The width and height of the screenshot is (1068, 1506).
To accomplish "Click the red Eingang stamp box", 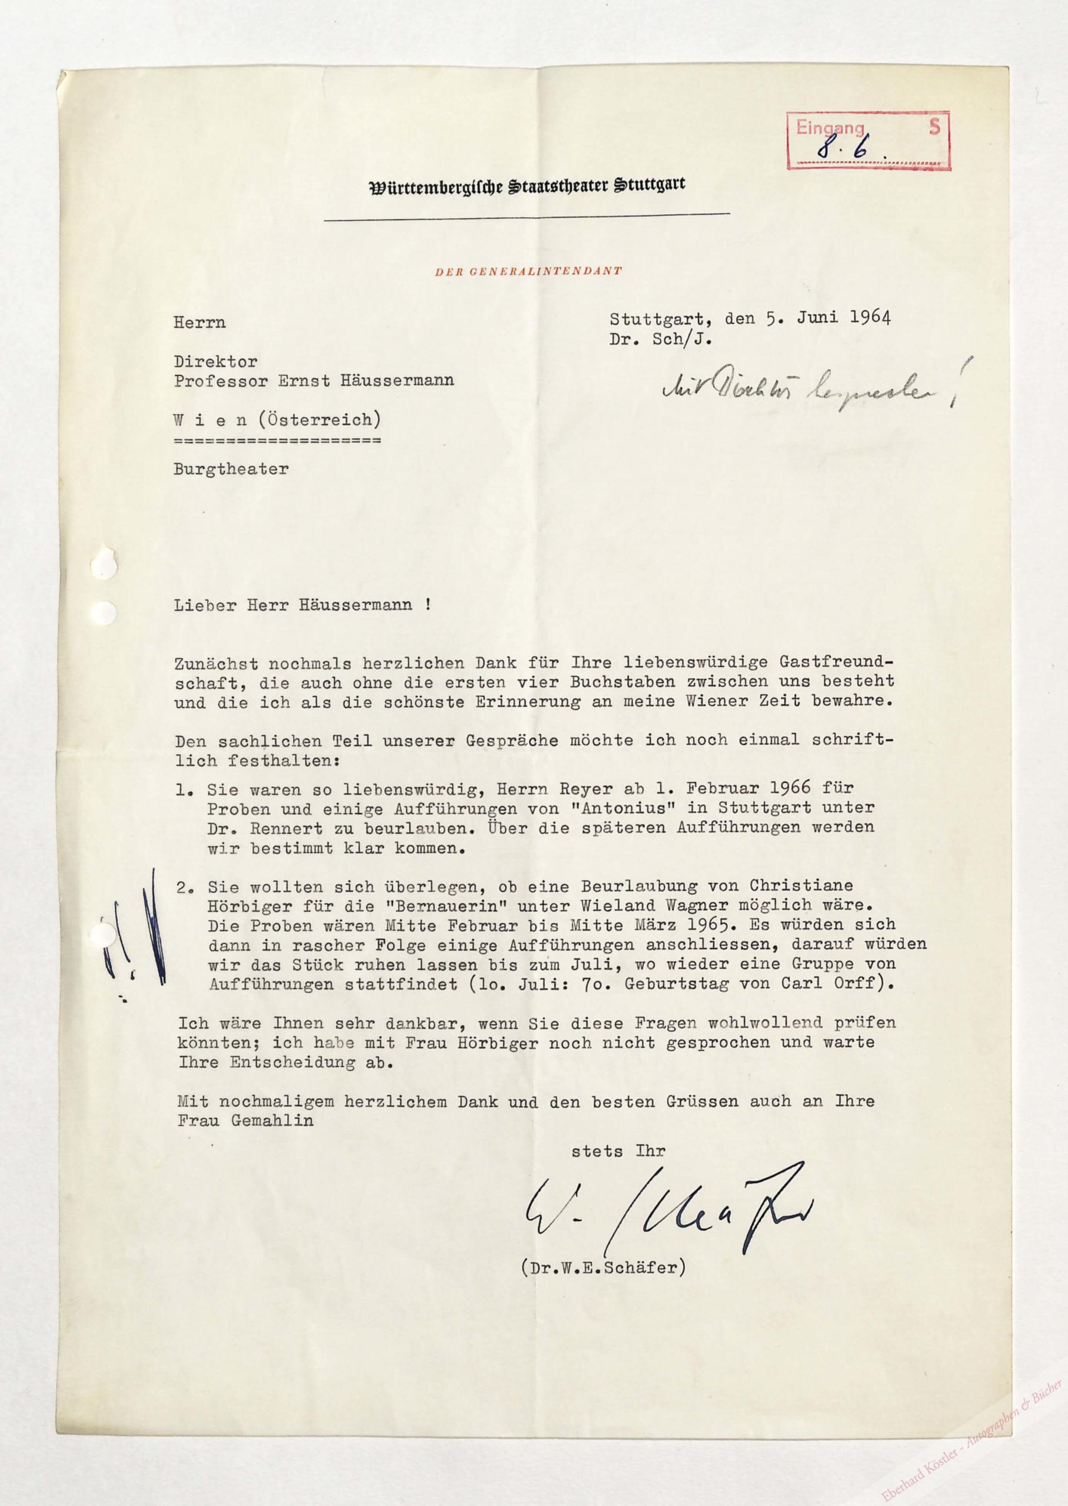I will click(868, 141).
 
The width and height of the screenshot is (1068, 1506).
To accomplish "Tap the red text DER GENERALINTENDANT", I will click(528, 270).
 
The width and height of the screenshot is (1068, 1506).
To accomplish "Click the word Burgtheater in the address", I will click(231, 469).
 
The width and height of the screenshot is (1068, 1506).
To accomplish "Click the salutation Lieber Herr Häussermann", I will click(302, 605).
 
